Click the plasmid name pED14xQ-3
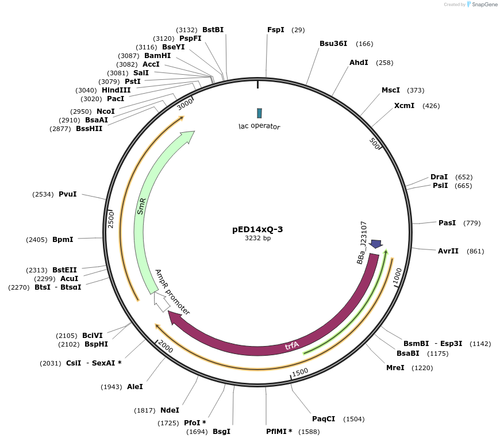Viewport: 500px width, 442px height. [x=257, y=229]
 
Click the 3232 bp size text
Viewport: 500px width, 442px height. [x=257, y=238]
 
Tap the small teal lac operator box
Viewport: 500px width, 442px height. [x=259, y=113]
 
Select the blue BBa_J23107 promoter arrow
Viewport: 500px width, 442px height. [x=376, y=244]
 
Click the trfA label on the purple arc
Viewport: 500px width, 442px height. [x=292, y=345]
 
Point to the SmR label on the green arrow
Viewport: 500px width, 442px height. [x=141, y=206]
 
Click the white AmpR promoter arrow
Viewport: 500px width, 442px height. [x=161, y=302]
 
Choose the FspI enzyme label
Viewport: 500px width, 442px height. [x=276, y=30]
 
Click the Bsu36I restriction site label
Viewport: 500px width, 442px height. [x=333, y=44]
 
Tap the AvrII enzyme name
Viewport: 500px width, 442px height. [x=448, y=251]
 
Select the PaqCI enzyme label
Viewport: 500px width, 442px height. [x=324, y=419]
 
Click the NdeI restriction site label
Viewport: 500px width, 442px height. [x=170, y=410]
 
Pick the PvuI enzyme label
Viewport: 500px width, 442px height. [x=67, y=194]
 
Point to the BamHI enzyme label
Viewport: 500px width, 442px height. [x=157, y=56]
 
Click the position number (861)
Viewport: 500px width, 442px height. [x=475, y=251]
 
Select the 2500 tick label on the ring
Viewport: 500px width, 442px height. [x=111, y=220]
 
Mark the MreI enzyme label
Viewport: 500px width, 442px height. [x=395, y=368]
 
